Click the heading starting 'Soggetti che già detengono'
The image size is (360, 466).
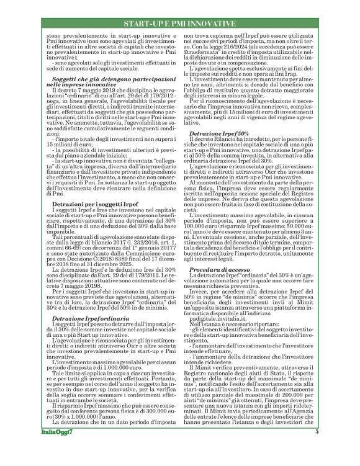(95, 81)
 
